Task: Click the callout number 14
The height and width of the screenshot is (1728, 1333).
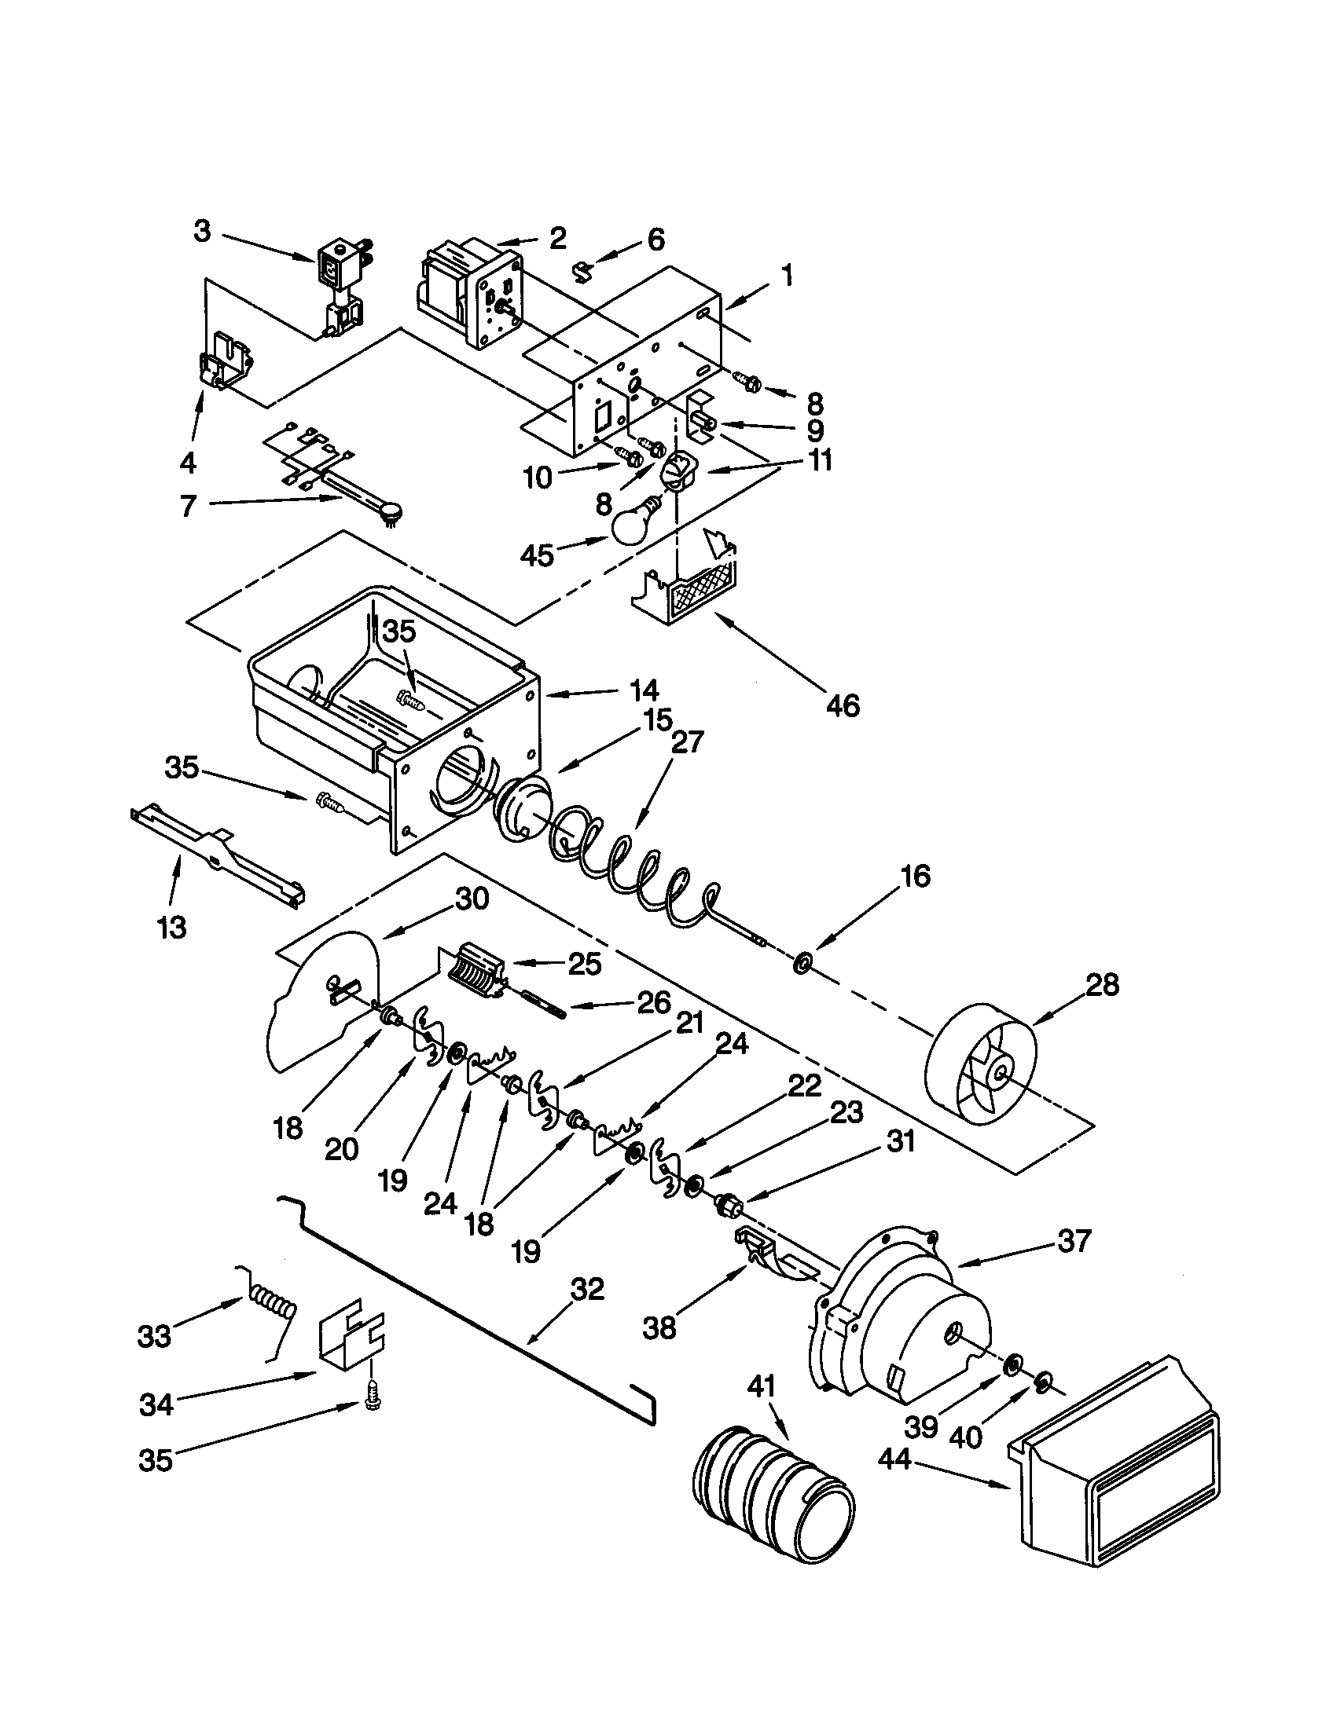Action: (644, 691)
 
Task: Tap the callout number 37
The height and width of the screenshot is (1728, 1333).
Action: (1074, 1240)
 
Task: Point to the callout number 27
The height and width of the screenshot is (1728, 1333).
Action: (686, 742)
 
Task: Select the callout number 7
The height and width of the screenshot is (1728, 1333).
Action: (188, 505)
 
